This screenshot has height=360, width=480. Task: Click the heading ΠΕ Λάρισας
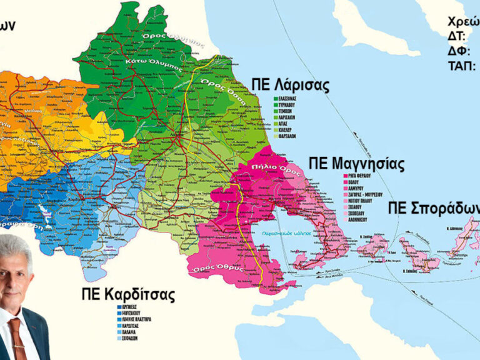289,86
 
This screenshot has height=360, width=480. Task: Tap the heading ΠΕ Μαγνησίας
356,165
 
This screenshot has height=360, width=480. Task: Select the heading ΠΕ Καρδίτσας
127,294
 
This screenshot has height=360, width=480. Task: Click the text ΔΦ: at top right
458,50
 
